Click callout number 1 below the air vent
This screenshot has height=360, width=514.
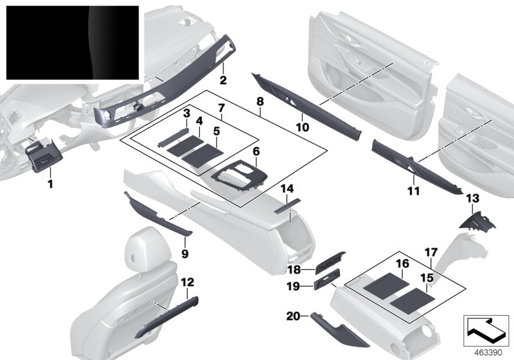coord(50,184)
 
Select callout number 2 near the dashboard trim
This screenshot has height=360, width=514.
coord(223,81)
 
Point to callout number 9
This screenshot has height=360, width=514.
coord(186,254)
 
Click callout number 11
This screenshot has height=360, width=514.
coord(412,191)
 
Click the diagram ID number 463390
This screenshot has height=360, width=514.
coord(485,351)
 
